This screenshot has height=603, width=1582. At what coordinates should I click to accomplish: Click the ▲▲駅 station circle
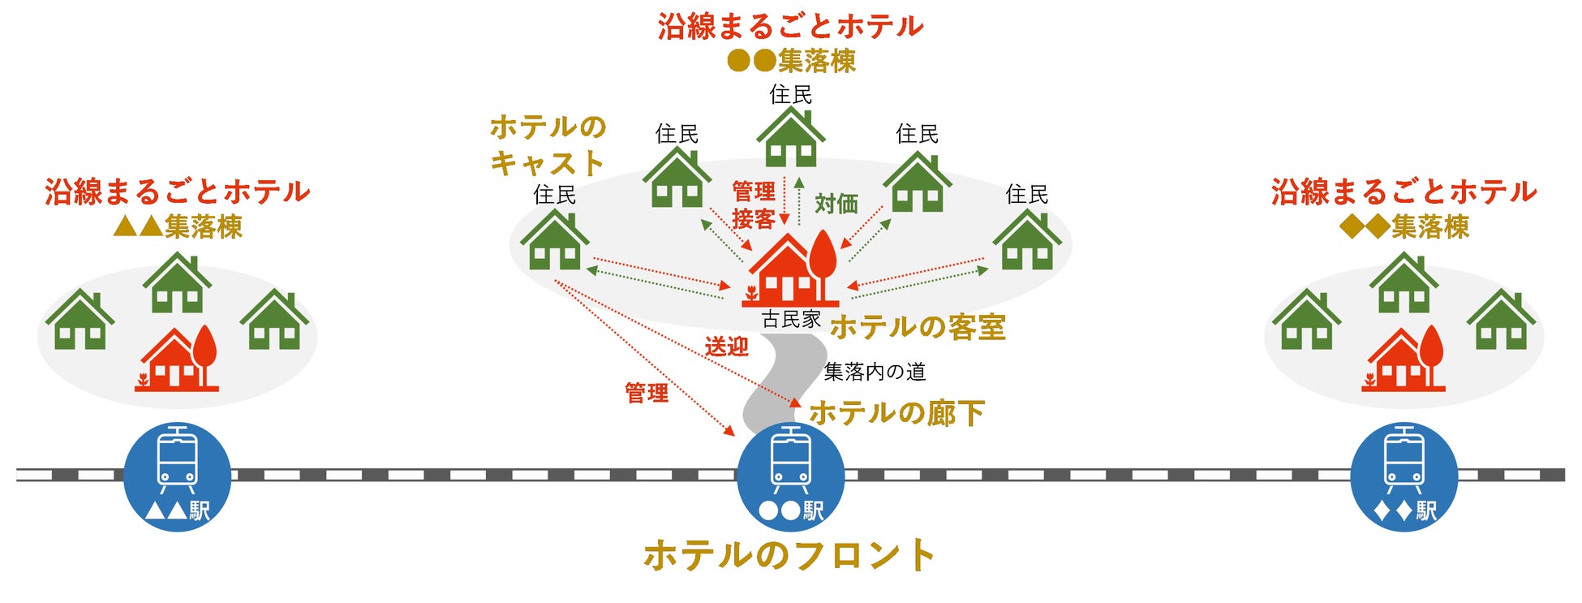[177, 477]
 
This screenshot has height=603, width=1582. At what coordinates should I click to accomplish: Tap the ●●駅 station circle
[790, 477]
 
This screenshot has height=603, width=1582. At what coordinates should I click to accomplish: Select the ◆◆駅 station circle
[1404, 477]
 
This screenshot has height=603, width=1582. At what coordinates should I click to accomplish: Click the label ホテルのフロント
[790, 556]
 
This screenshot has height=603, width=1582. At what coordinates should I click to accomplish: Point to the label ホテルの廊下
[897, 413]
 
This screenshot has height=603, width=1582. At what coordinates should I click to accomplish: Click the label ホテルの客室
[918, 327]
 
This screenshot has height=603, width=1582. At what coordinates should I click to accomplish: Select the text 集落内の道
[875, 372]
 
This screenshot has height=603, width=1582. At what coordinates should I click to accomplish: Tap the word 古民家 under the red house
[791, 319]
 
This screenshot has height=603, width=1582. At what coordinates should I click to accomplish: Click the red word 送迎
[726, 347]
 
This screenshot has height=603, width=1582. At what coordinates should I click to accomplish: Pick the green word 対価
[836, 204]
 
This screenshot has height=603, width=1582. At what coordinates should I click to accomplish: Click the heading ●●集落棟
[791, 61]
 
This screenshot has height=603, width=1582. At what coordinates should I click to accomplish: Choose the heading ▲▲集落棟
[178, 226]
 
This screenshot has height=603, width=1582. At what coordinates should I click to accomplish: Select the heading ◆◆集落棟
[1404, 226]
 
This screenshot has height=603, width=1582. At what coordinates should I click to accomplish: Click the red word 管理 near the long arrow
[647, 394]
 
